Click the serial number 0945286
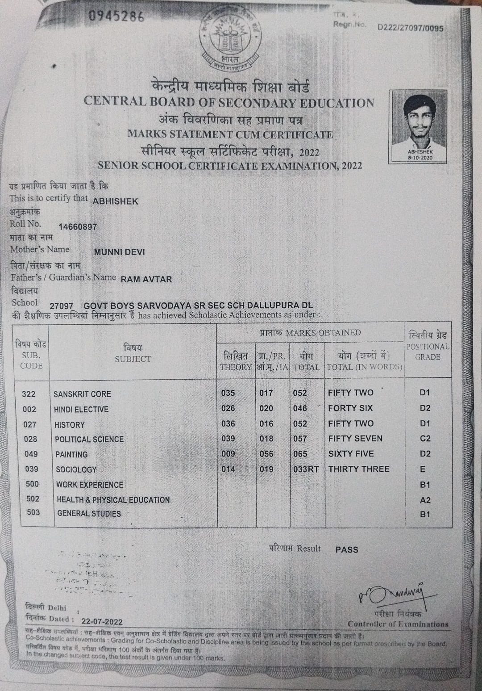coord(116,17)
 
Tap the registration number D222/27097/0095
coord(410,28)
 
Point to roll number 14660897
coord(78,226)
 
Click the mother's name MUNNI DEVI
coord(119,252)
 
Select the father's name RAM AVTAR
coord(146,279)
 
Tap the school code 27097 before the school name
coord(61,306)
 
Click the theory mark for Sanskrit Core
coord(228,393)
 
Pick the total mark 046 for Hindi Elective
coord(300,408)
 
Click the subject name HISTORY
coord(69,425)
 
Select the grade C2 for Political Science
coord(425,439)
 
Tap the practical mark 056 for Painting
coord(266,454)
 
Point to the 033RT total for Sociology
coord(306,469)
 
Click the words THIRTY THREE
coord(359,469)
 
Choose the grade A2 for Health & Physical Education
coord(425,500)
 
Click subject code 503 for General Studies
coord(33,512)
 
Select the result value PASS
coord(347,549)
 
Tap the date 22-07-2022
coord(102,621)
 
